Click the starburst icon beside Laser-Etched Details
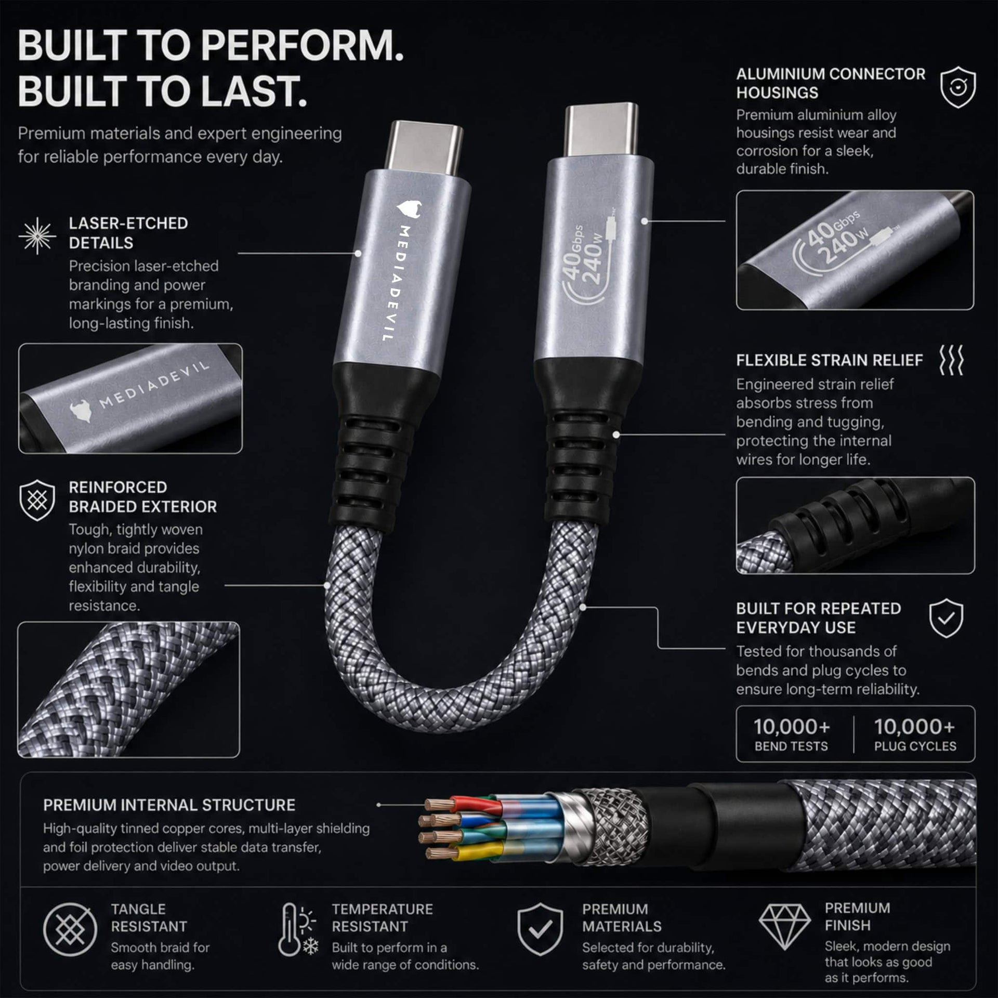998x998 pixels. click(x=37, y=236)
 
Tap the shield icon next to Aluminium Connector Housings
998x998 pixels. click(x=958, y=87)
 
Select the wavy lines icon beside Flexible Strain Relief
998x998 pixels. click(x=951, y=360)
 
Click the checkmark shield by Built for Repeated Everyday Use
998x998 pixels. click(x=946, y=618)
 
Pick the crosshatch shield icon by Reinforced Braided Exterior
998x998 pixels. click(x=37, y=501)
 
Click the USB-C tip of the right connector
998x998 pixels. click(x=602, y=130)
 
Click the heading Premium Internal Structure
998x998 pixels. click(x=169, y=805)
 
